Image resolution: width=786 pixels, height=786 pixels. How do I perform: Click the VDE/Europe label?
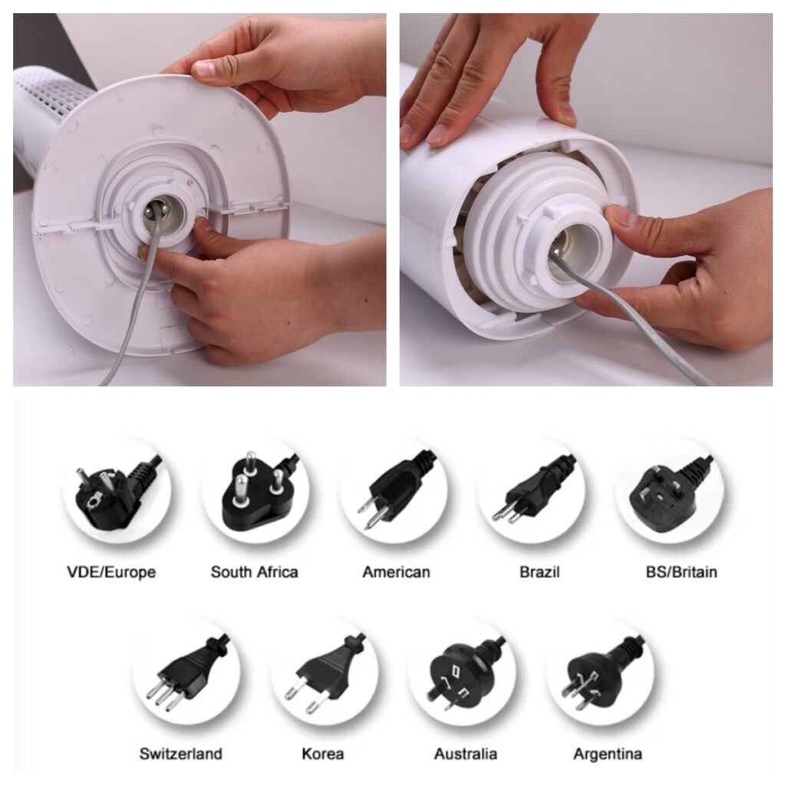coord(111,572)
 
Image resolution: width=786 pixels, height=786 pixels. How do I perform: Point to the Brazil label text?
coord(540,572)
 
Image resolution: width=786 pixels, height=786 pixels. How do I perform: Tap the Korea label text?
coord(323,754)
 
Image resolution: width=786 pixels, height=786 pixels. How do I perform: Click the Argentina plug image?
coord(602,672)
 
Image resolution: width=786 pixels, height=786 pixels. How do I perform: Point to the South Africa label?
coord(254,572)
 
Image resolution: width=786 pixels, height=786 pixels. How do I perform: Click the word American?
coord(396,572)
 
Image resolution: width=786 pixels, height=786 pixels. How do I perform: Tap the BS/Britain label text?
coord(682,572)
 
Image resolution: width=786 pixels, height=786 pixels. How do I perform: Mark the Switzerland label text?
coord(180,754)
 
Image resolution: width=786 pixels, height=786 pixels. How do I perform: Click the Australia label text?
coord(466,754)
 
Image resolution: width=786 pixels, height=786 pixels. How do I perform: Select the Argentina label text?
coord(608,754)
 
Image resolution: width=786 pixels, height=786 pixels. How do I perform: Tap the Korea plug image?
coord(325,671)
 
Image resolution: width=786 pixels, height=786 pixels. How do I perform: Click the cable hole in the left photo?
coord(160,215)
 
